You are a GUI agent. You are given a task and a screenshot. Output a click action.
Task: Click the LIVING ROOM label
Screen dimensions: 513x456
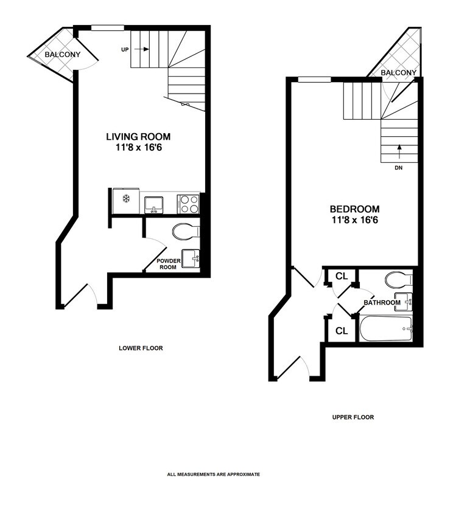(x=138, y=137)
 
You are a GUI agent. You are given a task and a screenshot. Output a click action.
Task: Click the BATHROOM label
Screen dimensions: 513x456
(x=382, y=302)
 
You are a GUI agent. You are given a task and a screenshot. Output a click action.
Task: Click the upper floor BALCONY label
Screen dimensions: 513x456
(x=399, y=73)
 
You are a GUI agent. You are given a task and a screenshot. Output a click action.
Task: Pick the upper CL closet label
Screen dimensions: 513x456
(x=342, y=277)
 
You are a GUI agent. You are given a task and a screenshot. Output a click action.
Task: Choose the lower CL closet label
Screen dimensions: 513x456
(x=342, y=331)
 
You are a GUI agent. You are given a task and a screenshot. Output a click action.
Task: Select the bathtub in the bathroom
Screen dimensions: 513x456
(x=385, y=329)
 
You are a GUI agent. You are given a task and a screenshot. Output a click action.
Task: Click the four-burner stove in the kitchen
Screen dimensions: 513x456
(x=188, y=203)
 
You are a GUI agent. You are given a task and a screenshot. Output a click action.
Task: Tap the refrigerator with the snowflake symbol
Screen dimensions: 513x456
(x=126, y=200)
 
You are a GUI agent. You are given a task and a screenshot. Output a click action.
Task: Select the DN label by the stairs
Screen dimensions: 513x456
(x=399, y=168)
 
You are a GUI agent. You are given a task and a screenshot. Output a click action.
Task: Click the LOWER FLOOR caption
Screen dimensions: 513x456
(x=141, y=349)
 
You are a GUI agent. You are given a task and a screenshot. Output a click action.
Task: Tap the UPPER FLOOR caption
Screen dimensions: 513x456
(x=353, y=418)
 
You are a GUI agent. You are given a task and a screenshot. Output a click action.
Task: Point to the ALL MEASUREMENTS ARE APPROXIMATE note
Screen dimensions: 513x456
(x=214, y=474)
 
